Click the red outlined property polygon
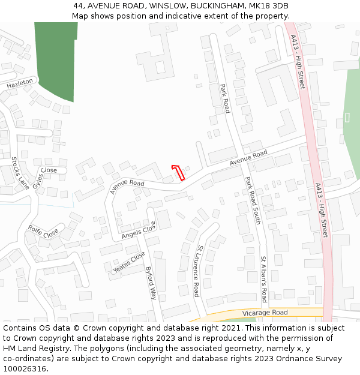click(x=178, y=172)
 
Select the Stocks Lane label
click(x=20, y=173)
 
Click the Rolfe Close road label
click(x=43, y=230)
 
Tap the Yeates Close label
click(x=129, y=263)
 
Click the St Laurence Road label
click(x=196, y=271)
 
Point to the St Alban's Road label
click(x=263, y=279)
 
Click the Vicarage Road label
click(x=265, y=313)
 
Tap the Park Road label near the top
click(x=224, y=98)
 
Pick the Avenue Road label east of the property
click(x=248, y=158)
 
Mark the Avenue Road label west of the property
click(x=127, y=187)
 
